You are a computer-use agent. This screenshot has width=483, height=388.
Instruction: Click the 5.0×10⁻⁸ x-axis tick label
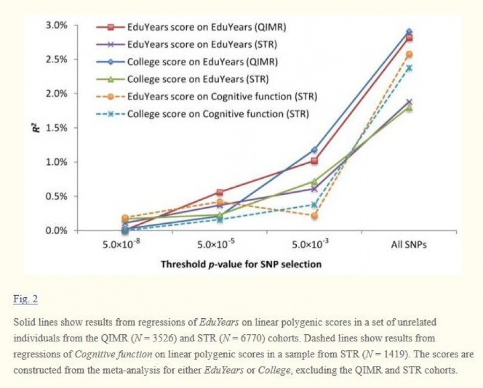[x=122, y=245]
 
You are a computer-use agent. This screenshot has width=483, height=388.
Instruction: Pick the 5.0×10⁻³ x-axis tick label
[x=313, y=245]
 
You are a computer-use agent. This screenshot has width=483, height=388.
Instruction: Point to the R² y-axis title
[x=35, y=128]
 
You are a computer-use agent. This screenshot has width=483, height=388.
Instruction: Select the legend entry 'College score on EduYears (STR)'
[x=197, y=79]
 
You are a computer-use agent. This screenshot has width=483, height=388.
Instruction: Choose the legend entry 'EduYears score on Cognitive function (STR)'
[x=222, y=97]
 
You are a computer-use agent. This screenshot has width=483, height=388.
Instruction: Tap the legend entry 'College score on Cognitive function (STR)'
[x=217, y=114]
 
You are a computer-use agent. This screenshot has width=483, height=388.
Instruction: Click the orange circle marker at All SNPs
[x=409, y=54]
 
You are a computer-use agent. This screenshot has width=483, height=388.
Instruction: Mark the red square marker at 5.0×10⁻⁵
[x=219, y=192]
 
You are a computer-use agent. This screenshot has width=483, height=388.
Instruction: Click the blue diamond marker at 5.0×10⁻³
[x=314, y=150]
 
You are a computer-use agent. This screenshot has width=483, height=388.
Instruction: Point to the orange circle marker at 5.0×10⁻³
[x=314, y=216]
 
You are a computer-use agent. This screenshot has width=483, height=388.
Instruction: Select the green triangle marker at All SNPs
[x=409, y=108]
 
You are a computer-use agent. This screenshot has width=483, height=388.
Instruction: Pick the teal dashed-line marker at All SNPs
[x=409, y=68]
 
